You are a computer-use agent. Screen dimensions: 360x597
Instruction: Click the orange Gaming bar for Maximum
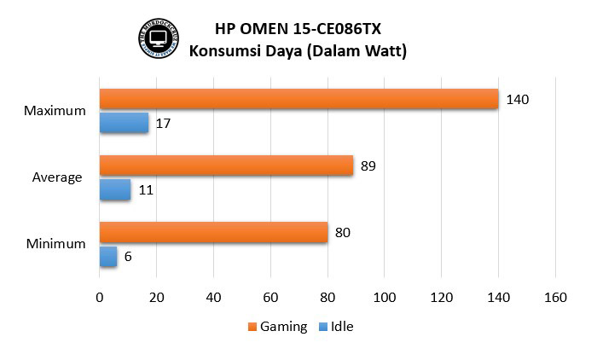[298, 99]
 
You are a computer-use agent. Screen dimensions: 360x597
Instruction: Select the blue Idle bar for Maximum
[124, 123]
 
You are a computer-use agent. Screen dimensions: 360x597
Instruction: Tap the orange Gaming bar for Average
[226, 165]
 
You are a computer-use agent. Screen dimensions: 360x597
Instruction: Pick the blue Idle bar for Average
[115, 189]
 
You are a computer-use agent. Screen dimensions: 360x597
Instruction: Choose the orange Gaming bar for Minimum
[213, 232]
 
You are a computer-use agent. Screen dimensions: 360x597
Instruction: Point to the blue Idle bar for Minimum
[108, 256]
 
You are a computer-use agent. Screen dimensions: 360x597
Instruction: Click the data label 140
[517, 100]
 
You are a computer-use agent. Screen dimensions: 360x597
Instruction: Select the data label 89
[368, 166]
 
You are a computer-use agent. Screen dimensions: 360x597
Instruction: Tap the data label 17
[164, 124]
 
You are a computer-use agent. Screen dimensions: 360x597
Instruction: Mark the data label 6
[128, 257]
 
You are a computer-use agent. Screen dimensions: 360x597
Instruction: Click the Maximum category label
[55, 111]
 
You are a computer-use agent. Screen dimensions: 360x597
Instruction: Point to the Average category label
[57, 177]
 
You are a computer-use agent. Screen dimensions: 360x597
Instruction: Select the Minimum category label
[55, 244]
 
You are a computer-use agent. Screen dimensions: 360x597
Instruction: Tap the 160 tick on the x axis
[555, 298]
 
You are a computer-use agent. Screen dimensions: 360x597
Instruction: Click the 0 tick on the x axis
[100, 298]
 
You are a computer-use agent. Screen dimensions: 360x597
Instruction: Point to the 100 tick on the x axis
[385, 298]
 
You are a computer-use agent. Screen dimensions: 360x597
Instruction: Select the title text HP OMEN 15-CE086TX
[298, 27]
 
